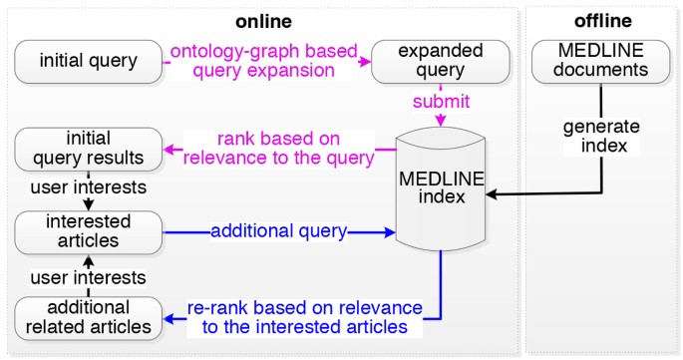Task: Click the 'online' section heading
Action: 262,20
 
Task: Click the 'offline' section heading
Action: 602,20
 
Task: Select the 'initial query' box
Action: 89,61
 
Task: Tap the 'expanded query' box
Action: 441,61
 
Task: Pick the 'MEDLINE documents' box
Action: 601,61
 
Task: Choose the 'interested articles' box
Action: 89,231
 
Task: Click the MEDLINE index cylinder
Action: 441,188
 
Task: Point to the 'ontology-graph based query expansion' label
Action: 266,61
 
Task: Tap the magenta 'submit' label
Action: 441,102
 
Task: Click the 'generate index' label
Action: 601,136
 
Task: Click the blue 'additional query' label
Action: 278,231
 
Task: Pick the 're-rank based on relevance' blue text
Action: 304,316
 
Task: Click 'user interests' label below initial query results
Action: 89,187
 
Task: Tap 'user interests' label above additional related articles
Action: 89,277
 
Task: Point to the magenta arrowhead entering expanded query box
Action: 378,61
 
